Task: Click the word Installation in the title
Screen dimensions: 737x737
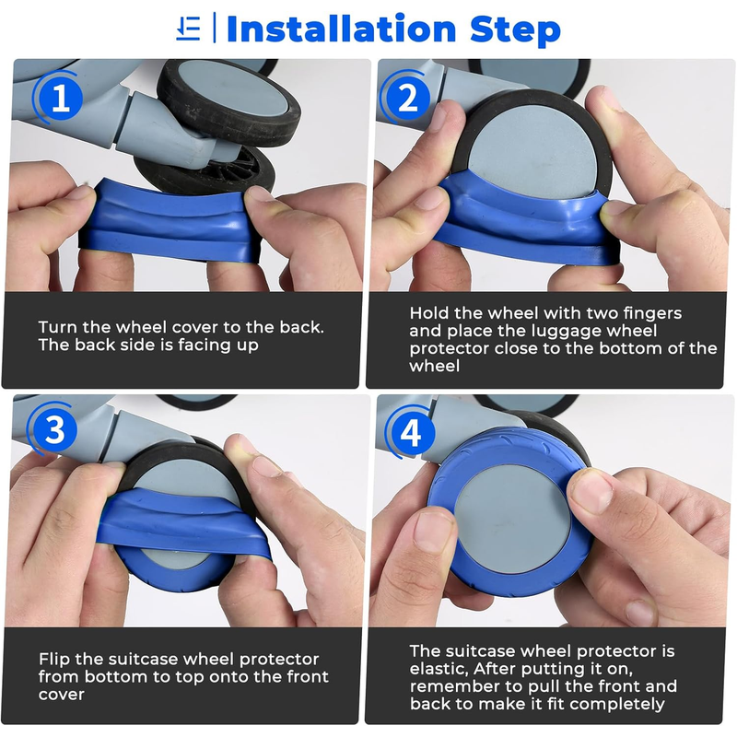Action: click(x=341, y=29)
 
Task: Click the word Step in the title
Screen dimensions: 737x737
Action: click(x=515, y=31)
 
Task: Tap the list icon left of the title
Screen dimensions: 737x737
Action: click(x=189, y=29)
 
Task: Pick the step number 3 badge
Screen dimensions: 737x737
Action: click(x=54, y=428)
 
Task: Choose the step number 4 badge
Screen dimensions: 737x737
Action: click(x=409, y=432)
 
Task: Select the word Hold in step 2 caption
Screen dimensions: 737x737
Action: click(x=428, y=313)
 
